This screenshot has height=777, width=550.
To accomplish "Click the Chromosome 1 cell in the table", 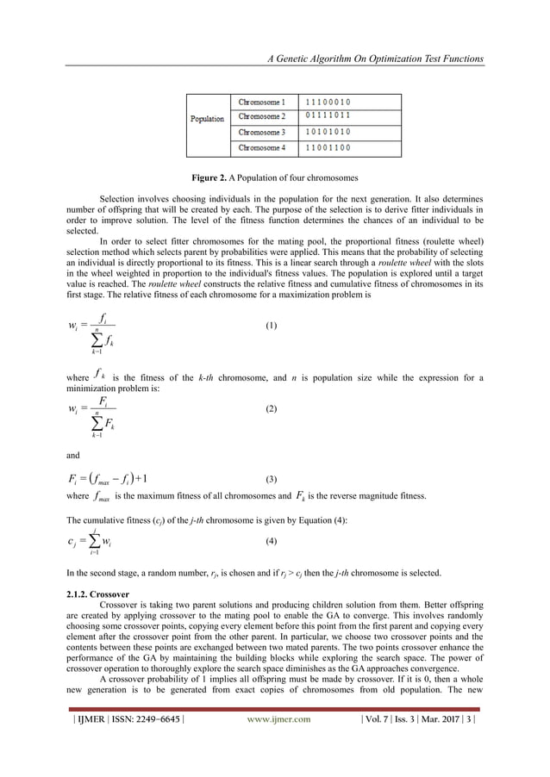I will tap(261, 103).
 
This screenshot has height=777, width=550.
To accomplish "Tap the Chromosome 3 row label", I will tap(261, 133).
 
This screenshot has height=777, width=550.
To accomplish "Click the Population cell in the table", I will tap(207, 119).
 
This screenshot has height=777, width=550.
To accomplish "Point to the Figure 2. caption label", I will tap(213, 178).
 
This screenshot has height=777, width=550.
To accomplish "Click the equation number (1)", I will tap(271, 327).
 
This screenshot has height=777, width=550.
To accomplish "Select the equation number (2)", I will tap(271, 409).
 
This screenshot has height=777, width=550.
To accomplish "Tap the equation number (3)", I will tap(271, 479).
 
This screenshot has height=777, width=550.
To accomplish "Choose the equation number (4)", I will tap(271, 541).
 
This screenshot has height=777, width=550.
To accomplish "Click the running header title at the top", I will tap(375, 59).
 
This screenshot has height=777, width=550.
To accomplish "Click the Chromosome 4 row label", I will tap(261, 148).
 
